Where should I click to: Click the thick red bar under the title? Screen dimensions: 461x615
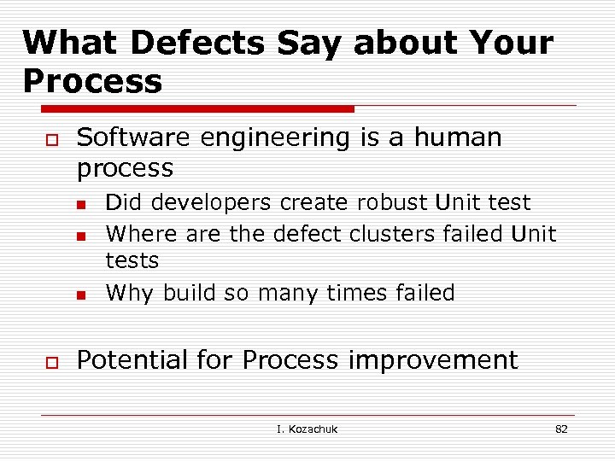pyautogui.click(x=197, y=109)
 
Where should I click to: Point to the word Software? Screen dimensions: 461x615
pyautogui.click(x=128, y=137)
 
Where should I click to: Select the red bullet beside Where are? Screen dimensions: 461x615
pyautogui.click(x=81, y=235)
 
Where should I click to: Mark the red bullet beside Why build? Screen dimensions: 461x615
pyautogui.click(x=81, y=295)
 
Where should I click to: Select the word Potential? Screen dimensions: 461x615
pyautogui.click(x=132, y=360)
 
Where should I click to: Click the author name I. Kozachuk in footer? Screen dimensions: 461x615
pyautogui.click(x=307, y=429)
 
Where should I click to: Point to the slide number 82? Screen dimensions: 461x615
pyautogui.click(x=561, y=429)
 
